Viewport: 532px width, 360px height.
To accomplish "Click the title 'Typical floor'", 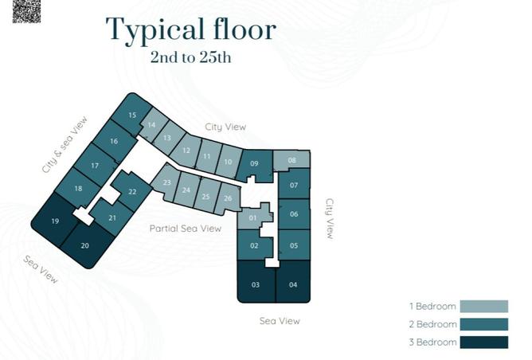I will pyautogui.click(x=191, y=29).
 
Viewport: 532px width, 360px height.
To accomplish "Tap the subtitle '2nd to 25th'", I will pyautogui.click(x=191, y=57).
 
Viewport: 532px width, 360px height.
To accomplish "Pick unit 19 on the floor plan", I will pyautogui.click(x=55, y=221).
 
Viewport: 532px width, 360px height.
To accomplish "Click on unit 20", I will pyautogui.click(x=85, y=245).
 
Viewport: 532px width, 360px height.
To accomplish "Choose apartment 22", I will pyautogui.click(x=132, y=192).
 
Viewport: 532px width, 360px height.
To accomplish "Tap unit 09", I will pyautogui.click(x=254, y=163).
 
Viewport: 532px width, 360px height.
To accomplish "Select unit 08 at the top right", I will pyautogui.click(x=292, y=160).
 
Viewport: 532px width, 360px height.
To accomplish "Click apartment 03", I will pyautogui.click(x=256, y=284).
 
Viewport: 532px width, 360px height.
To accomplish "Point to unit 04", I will pyautogui.click(x=293, y=284).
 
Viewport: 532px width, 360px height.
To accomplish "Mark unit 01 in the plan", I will pyautogui.click(x=253, y=217).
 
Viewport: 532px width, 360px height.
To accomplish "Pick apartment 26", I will pyautogui.click(x=228, y=198).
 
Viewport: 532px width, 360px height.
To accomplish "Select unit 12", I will pyautogui.click(x=186, y=150).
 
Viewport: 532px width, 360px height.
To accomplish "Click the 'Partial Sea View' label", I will pyautogui.click(x=185, y=229).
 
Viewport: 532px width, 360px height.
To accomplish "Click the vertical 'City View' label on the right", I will pyautogui.click(x=330, y=218).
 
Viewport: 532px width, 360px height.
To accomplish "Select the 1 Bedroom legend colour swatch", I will pyautogui.click(x=483, y=306).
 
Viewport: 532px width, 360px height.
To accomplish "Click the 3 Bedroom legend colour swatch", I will pyautogui.click(x=483, y=342).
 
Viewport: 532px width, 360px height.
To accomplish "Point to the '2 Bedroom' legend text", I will pyautogui.click(x=432, y=324).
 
